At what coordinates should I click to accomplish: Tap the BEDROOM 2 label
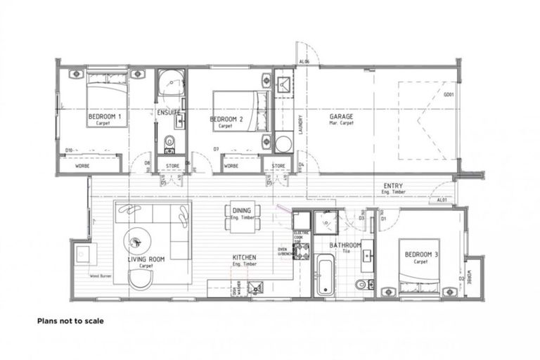point(226,120)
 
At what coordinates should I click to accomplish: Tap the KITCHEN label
point(244,257)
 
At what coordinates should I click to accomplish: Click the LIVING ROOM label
point(146,259)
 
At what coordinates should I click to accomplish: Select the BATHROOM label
point(345,245)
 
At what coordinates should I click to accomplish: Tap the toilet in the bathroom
point(361,284)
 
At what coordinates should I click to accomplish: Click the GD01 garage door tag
point(448,95)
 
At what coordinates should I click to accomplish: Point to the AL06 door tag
point(304,62)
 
